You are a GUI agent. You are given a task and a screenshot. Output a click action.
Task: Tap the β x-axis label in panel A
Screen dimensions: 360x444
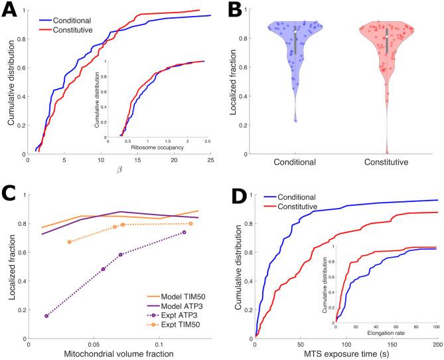[119, 172]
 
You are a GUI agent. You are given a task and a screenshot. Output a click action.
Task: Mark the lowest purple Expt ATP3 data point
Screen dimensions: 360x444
[46, 316]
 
